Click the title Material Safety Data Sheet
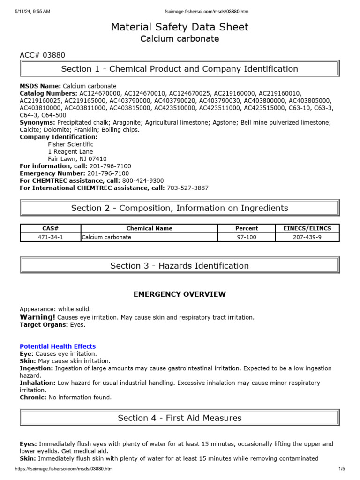[x=180, y=27]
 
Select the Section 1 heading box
[x=180, y=69]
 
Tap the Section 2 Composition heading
[x=180, y=208]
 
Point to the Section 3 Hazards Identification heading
[x=180, y=266]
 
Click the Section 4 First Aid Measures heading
[x=180, y=418]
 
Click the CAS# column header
[x=50, y=228]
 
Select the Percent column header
[x=246, y=228]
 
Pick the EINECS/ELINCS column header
[x=307, y=228]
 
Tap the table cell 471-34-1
[x=50, y=237]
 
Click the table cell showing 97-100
[x=246, y=237]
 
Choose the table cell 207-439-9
[x=307, y=237]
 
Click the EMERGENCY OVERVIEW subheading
[x=180, y=294]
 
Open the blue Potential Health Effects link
[x=58, y=346]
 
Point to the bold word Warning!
[x=37, y=317]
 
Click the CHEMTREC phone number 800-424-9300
[x=143, y=180]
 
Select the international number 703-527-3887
[x=187, y=188]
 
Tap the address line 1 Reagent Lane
[x=70, y=152]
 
